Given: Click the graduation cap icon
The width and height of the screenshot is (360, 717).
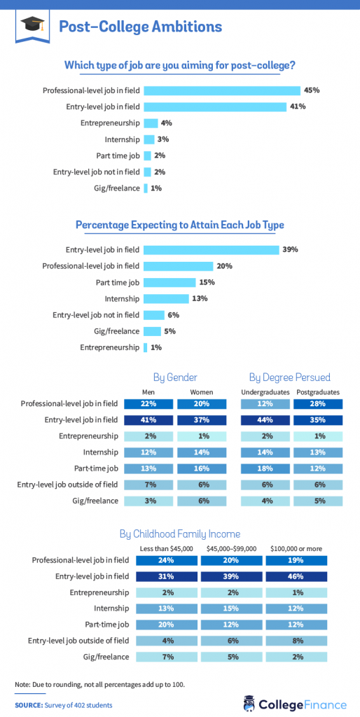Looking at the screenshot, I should click(33, 26).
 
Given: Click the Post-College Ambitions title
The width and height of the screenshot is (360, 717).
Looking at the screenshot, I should click(140, 27).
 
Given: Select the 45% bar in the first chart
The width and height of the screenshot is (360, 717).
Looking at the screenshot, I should click(221, 90).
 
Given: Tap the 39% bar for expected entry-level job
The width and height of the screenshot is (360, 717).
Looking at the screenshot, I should click(212, 249).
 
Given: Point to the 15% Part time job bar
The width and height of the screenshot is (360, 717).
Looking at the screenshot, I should click(169, 282).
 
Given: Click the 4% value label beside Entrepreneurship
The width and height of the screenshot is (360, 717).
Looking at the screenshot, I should click(166, 123).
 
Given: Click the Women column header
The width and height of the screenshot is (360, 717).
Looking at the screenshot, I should click(202, 391).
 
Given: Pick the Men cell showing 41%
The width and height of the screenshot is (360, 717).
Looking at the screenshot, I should click(148, 420).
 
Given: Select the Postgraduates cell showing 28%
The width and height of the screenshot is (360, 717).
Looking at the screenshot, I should click(319, 404).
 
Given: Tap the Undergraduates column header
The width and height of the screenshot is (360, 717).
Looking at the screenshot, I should click(264, 391).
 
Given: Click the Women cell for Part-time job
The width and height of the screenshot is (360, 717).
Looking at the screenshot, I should click(202, 468).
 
